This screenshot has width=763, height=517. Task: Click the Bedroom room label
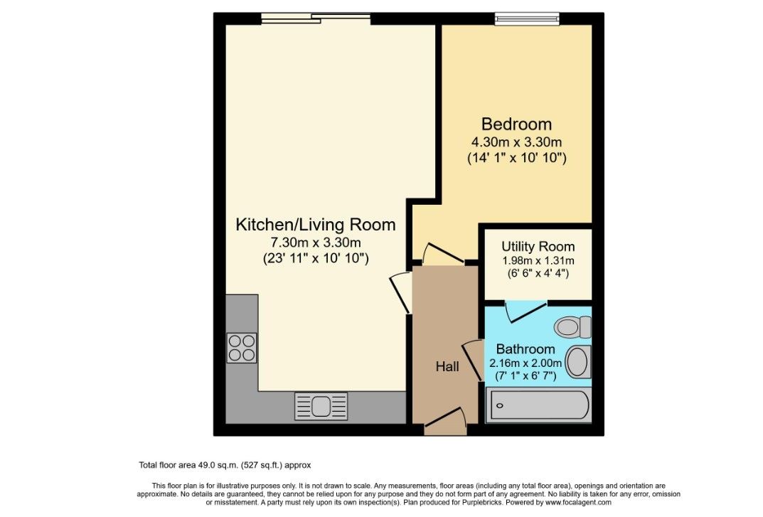pos(516,124)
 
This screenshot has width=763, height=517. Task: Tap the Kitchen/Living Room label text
pos(315,225)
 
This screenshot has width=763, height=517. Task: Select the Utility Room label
pos(538,246)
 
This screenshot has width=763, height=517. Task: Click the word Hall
pos(447,366)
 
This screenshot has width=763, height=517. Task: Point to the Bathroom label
pos(525,349)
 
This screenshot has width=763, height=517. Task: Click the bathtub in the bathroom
pos(539,405)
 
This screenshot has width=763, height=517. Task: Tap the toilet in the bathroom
pos(572,326)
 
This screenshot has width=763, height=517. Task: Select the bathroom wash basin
pos(579,362)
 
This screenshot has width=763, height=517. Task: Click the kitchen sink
pos(321,406)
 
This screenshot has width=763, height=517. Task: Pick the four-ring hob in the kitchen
pos(242,348)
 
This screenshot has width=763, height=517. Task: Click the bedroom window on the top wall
pos(527,19)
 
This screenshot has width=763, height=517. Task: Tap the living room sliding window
pos(316,18)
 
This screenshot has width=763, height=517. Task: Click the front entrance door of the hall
pos(444,422)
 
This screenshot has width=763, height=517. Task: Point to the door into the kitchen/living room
pos(401,293)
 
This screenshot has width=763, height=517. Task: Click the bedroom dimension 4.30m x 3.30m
pos(516,142)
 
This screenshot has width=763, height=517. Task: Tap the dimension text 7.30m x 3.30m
pos(315,242)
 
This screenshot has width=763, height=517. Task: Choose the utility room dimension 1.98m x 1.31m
pos(538,260)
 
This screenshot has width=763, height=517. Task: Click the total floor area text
pos(225,465)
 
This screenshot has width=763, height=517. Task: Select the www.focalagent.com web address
pos(578,502)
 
